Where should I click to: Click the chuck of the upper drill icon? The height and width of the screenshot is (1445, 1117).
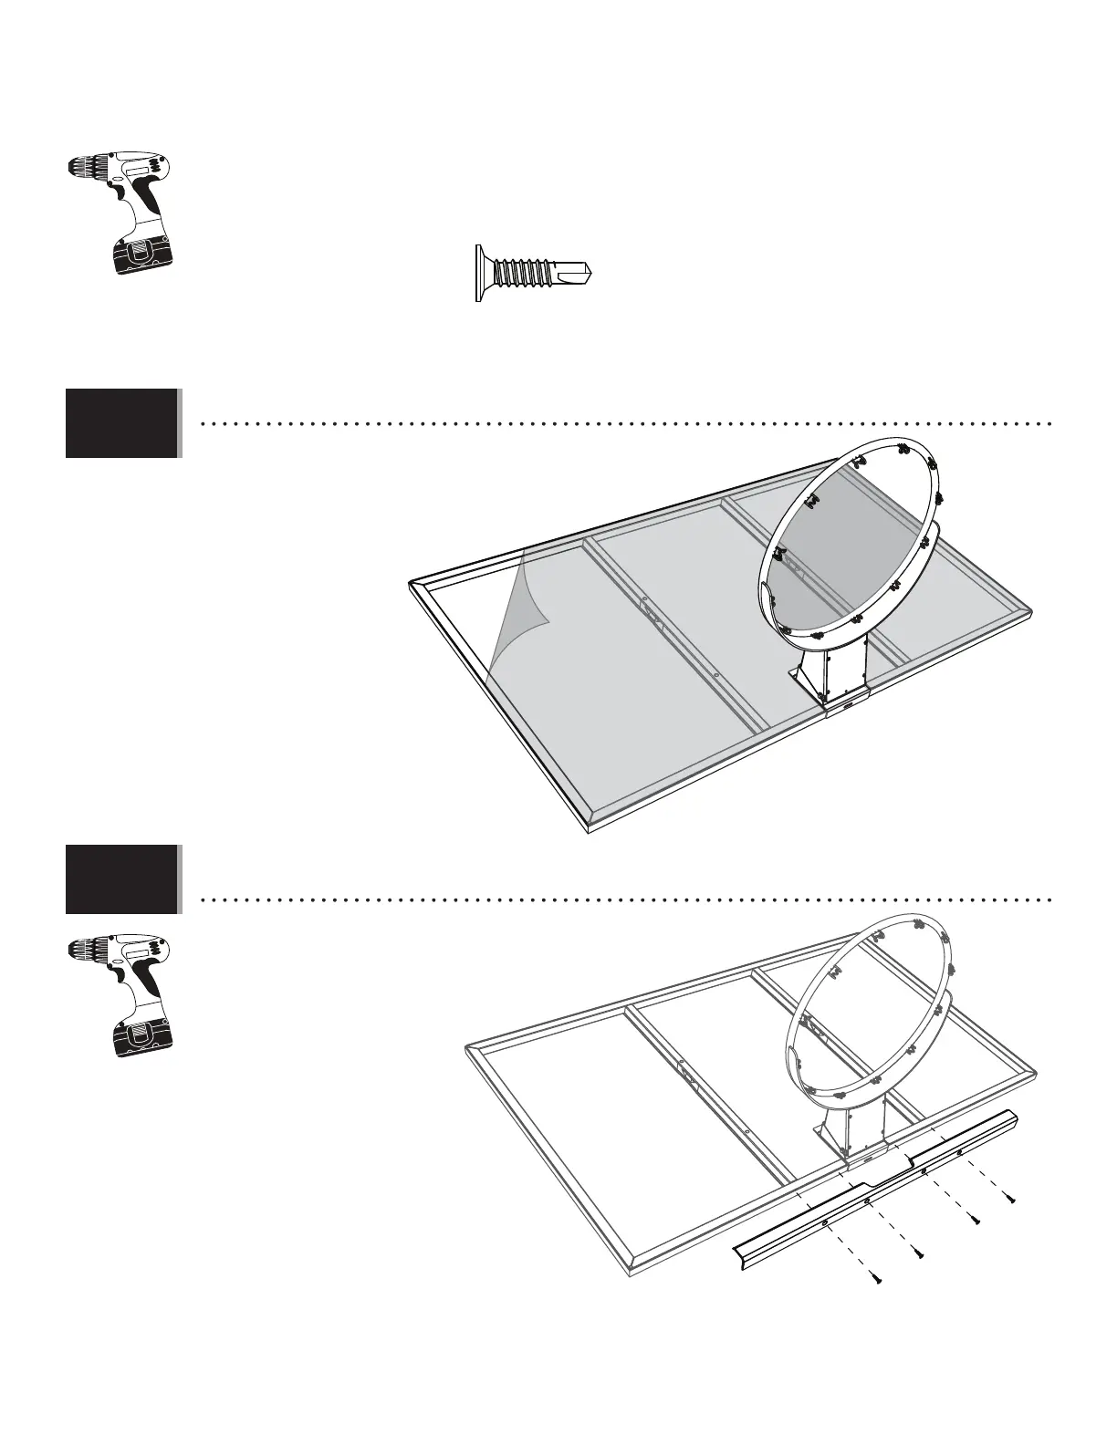pyautogui.click(x=84, y=168)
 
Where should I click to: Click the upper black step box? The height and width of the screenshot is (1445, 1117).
pyautogui.click(x=121, y=422)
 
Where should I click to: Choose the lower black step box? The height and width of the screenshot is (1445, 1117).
pyautogui.click(x=121, y=879)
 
